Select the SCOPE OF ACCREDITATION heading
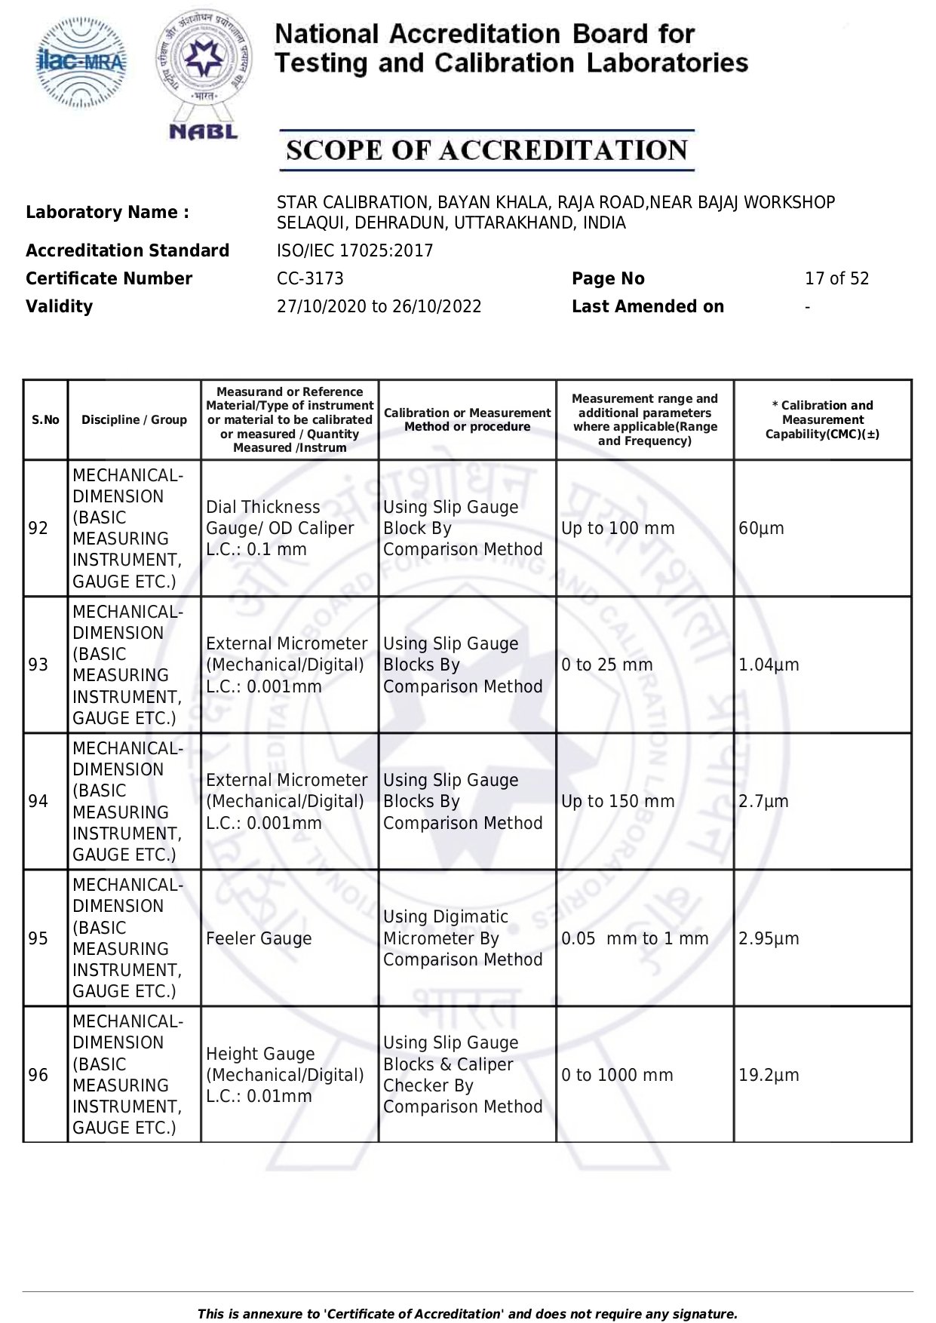click(x=486, y=150)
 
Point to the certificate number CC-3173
click(x=310, y=279)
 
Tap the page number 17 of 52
click(x=836, y=279)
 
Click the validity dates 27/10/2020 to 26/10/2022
click(x=379, y=307)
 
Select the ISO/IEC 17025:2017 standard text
click(x=354, y=251)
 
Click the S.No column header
click(x=45, y=420)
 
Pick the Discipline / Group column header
click(x=134, y=420)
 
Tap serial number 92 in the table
click(x=38, y=529)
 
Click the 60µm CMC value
click(x=761, y=529)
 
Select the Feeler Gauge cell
click(x=259, y=939)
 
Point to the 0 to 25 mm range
click(x=606, y=665)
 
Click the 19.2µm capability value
click(x=769, y=1076)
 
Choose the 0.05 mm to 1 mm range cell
click(x=634, y=939)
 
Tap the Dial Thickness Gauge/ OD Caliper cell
click(x=280, y=528)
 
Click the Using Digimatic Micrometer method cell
click(x=462, y=938)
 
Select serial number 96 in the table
click(x=38, y=1076)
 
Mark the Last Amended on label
click(x=647, y=307)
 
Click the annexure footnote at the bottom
click(x=467, y=1314)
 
